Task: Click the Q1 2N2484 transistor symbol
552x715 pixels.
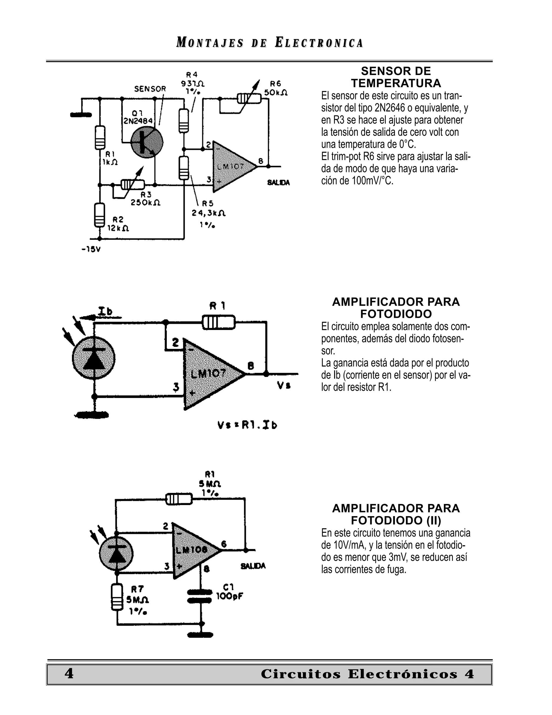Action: (x=147, y=143)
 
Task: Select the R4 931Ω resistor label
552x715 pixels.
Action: (x=193, y=83)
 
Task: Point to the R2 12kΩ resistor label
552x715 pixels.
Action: (x=118, y=224)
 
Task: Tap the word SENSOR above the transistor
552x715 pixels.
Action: (x=150, y=89)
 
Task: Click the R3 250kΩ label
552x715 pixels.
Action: (x=146, y=199)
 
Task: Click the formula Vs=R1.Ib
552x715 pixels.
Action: (x=247, y=425)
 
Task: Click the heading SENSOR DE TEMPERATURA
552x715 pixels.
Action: (x=396, y=77)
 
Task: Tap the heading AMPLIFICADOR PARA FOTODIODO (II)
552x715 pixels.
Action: (x=396, y=514)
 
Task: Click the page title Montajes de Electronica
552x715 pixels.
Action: (x=270, y=43)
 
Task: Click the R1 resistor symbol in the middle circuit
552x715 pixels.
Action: (x=218, y=322)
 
